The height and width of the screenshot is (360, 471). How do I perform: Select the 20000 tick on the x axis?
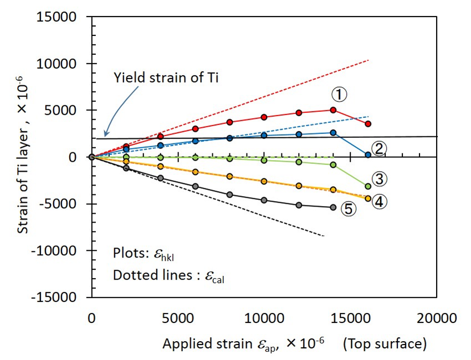click(x=436, y=318)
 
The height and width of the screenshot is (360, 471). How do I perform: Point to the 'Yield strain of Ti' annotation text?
click(x=166, y=78)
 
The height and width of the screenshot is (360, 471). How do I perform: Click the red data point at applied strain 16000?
click(x=368, y=124)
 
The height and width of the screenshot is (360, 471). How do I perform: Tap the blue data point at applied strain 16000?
click(x=368, y=155)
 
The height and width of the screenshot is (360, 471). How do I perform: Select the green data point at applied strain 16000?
click(x=368, y=186)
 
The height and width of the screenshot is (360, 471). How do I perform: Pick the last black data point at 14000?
click(x=333, y=207)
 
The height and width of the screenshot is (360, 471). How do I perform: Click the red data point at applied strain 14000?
click(x=333, y=110)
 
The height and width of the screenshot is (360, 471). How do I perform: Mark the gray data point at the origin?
click(x=92, y=157)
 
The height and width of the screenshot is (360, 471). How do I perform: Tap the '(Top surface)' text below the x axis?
click(x=385, y=344)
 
